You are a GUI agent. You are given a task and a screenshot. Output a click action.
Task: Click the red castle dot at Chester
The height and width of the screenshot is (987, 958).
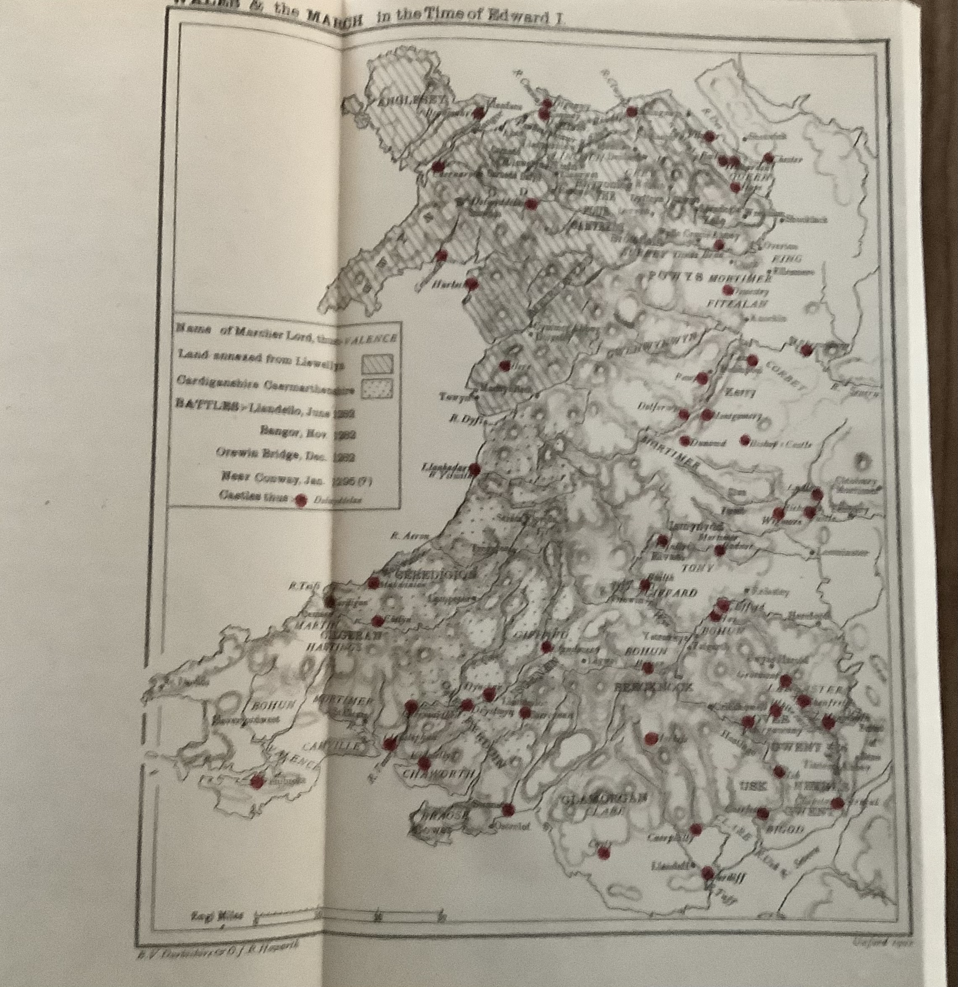click(768, 158)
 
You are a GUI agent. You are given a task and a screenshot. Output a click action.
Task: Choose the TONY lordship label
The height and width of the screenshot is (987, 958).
click(697, 568)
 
